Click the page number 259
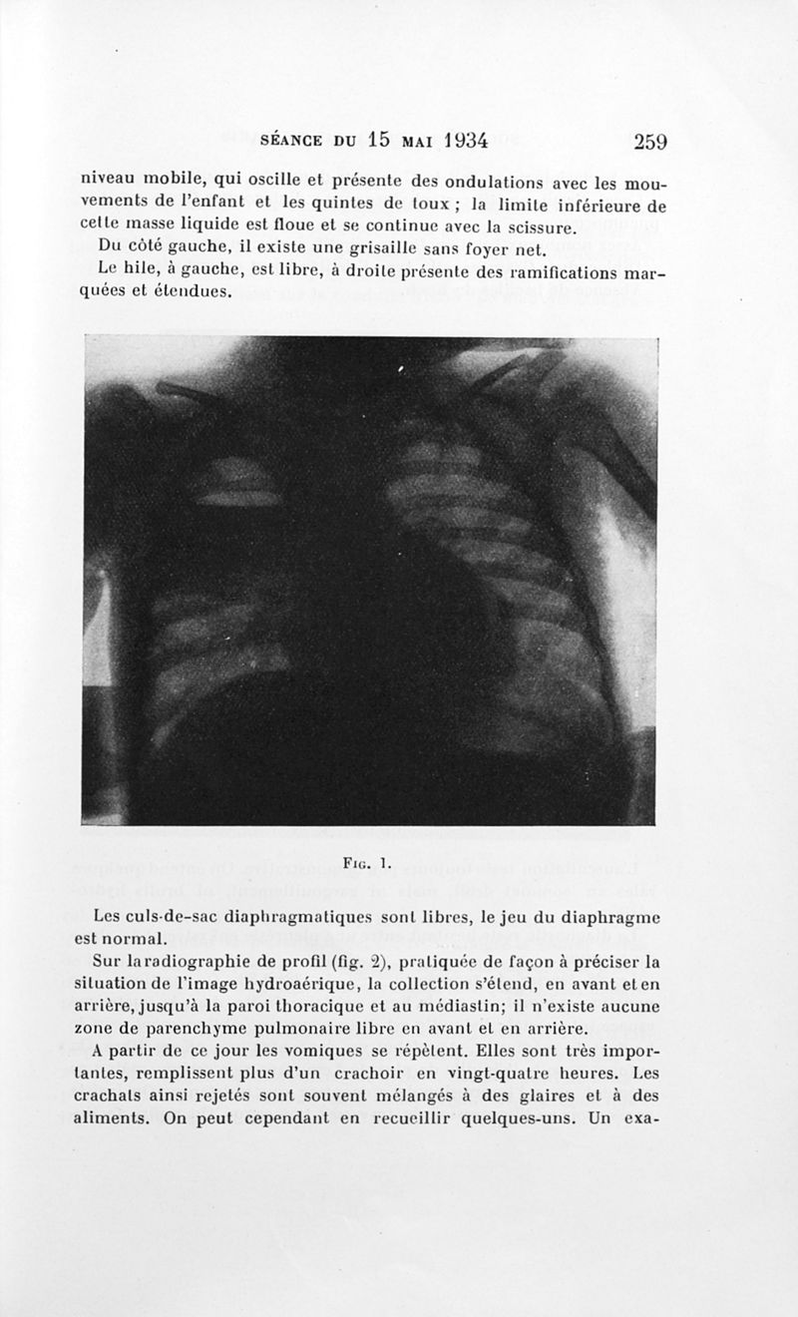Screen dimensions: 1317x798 coord(649,141)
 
